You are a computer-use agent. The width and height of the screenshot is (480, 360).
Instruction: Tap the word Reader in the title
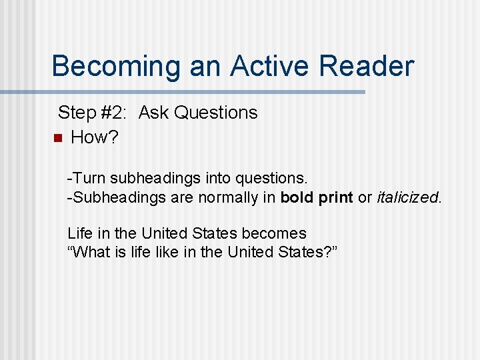366,67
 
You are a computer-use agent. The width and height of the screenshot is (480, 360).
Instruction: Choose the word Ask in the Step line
153,113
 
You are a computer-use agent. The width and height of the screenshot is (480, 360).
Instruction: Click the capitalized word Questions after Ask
215,113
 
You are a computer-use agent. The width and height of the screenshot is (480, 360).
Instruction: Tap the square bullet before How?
57,139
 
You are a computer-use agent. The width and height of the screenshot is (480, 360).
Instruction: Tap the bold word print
335,197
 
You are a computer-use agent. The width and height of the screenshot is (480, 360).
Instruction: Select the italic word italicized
409,197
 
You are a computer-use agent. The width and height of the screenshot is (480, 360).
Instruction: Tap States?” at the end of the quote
316,252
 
